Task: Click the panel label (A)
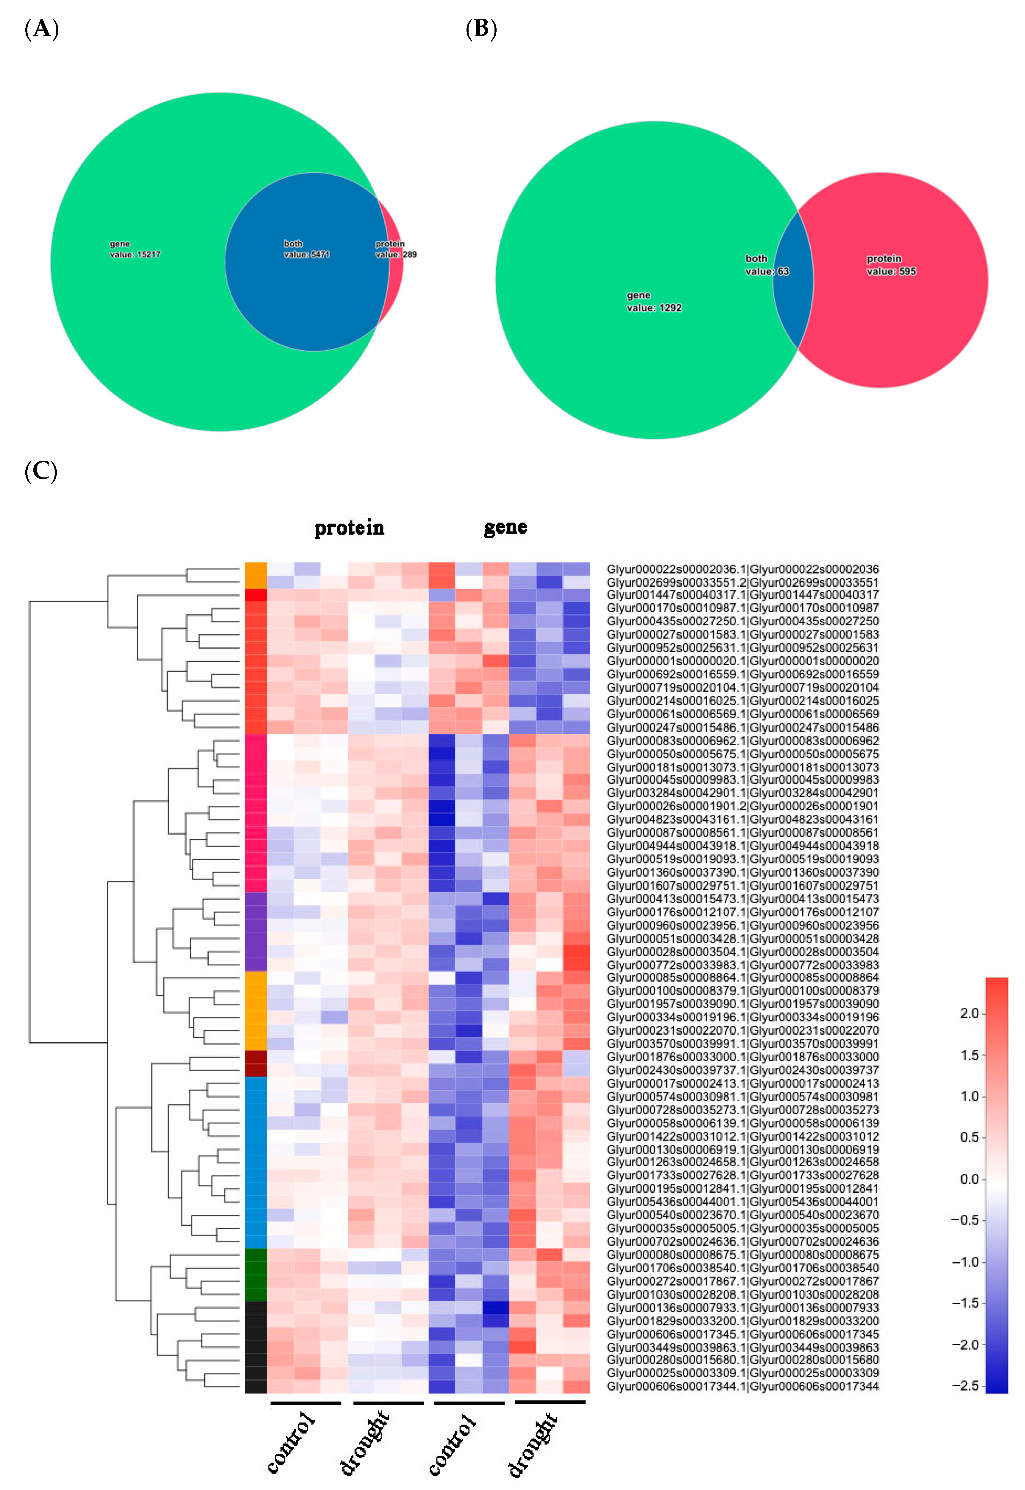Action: pyautogui.click(x=41, y=29)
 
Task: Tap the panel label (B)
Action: pyautogui.click(x=481, y=29)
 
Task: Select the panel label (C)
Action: pyautogui.click(x=40, y=472)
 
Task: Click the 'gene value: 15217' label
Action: pyautogui.click(x=135, y=249)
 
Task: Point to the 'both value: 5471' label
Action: pyautogui.click(x=306, y=249)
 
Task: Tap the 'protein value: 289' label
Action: pyautogui.click(x=396, y=249)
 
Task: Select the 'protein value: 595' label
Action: pyautogui.click(x=891, y=265)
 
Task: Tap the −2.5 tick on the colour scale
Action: pyautogui.click(x=965, y=1386)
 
